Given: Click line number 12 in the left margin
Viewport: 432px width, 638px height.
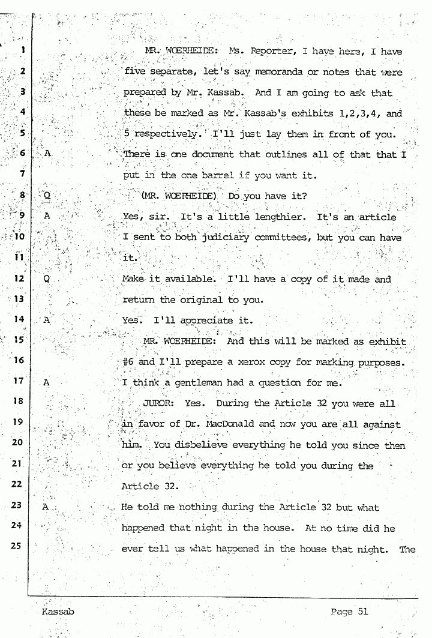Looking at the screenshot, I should pos(18,278).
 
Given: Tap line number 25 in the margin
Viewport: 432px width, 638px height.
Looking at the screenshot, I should pos(17,546).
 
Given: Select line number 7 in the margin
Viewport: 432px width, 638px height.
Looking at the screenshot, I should pos(21,175).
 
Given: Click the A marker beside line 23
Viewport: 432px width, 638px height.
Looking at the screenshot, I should pos(45,507).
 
